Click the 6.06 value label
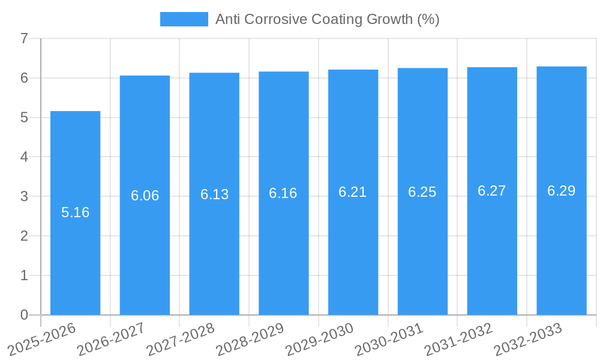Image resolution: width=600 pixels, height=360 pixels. click(x=145, y=196)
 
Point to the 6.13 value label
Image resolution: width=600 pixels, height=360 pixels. click(x=214, y=194)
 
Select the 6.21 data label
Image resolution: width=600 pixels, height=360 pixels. click(x=353, y=192)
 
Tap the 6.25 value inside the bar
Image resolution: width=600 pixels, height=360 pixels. click(x=422, y=192)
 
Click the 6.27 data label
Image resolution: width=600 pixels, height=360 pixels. click(x=492, y=191)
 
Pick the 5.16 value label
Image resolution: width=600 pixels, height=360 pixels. click(x=75, y=212)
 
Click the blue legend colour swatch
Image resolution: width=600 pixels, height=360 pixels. click(x=184, y=19)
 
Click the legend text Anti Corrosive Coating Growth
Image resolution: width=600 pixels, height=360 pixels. click(x=327, y=19)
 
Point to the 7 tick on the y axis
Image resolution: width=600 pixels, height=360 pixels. click(x=24, y=38)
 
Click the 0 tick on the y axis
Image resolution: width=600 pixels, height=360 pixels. click(x=24, y=315)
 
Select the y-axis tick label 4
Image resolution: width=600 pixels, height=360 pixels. click(x=24, y=157)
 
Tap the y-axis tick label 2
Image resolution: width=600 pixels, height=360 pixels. click(x=24, y=236)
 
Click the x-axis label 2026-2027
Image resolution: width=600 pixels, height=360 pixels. click(x=112, y=339)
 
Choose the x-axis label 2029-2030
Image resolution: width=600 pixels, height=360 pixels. click(x=320, y=339)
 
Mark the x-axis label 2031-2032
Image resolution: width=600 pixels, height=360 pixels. click(x=459, y=339)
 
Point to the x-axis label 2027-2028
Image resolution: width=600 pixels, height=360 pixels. click(x=181, y=339)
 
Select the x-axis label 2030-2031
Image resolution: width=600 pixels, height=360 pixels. click(x=389, y=339)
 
